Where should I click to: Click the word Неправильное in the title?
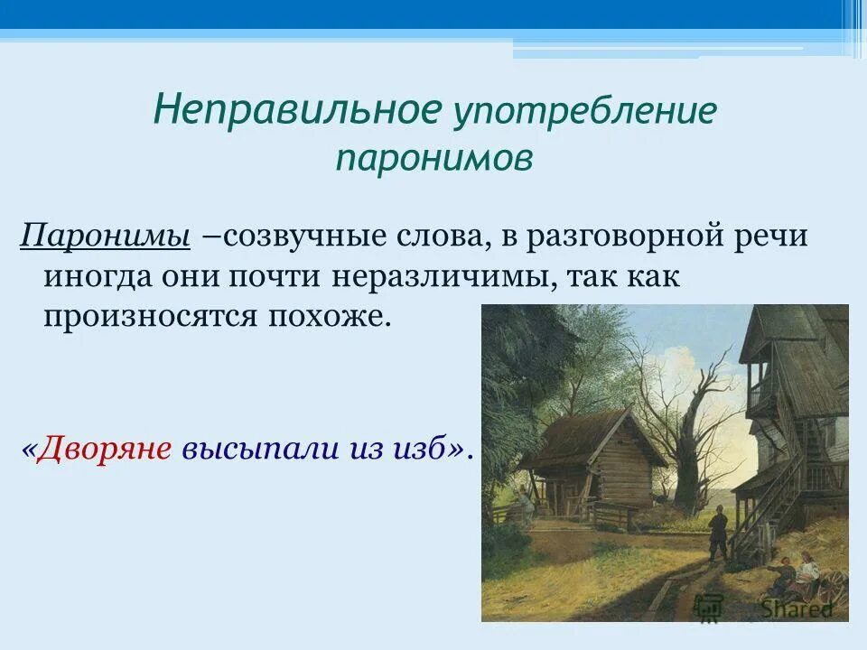point(297,110)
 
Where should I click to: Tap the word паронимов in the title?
point(433,158)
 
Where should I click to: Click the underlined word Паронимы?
point(105,237)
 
